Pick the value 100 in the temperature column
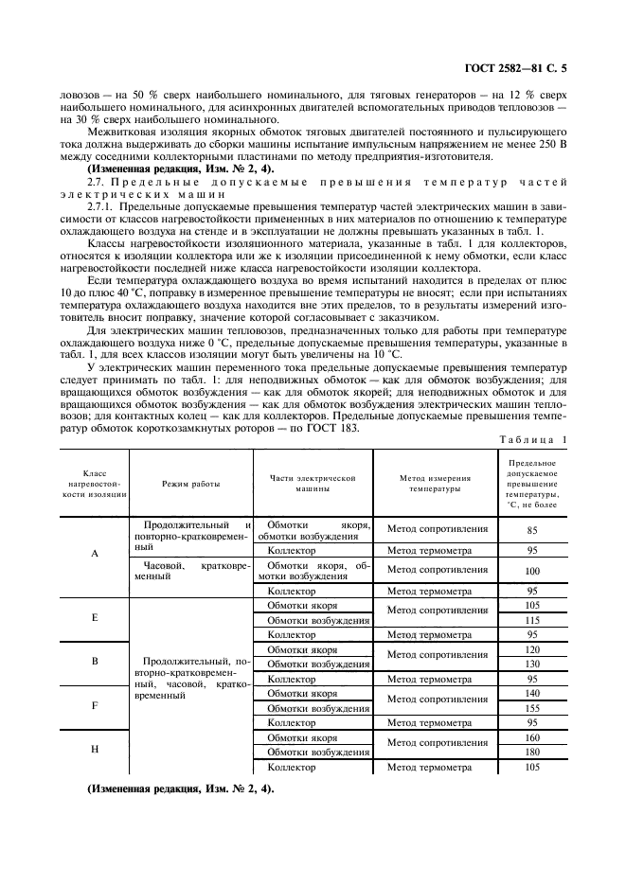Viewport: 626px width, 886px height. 531,571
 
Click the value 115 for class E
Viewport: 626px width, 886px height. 531,619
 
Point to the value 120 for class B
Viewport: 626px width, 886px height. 531,649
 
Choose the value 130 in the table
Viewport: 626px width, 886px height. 531,664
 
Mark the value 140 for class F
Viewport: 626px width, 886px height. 531,693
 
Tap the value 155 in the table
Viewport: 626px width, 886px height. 531,707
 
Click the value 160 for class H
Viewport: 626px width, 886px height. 531,737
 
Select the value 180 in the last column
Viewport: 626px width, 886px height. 531,752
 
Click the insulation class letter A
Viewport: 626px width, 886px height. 95,555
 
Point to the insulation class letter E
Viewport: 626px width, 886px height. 95,617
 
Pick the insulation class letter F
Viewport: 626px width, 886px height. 95,706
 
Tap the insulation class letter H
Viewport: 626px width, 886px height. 95,750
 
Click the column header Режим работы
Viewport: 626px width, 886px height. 190,484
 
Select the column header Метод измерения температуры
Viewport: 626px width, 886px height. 434,484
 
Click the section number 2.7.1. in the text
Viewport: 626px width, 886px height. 100,206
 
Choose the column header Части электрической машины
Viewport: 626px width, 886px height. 313,484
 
